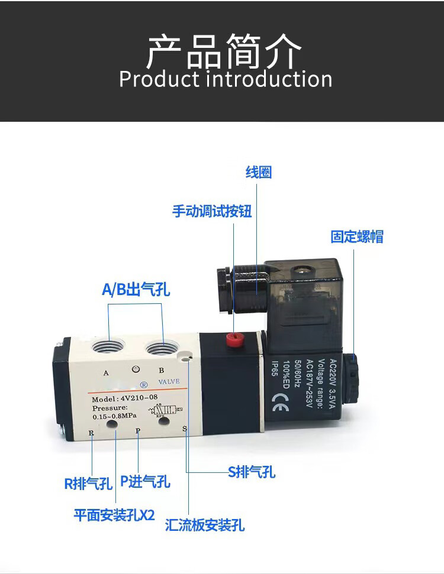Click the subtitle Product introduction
coord(226,79)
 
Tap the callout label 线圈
coord(259,173)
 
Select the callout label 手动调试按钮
coord(212,211)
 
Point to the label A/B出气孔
coord(136,290)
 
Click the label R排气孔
coord(88,484)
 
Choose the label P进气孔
coord(145,482)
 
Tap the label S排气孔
coord(252,472)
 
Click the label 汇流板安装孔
coord(205,525)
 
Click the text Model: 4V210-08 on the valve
coord(125,398)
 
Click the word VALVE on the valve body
coord(169,382)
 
